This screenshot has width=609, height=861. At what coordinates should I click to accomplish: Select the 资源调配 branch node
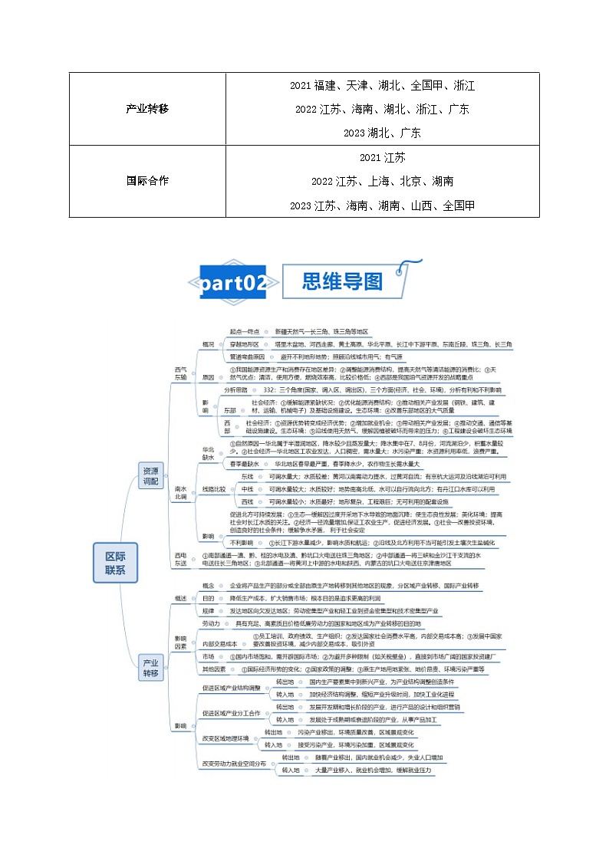point(150,475)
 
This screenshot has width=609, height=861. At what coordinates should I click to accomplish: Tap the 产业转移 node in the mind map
point(150,666)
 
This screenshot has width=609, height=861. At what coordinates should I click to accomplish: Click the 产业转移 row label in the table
point(146,109)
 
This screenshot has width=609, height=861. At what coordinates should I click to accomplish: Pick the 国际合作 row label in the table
point(146,182)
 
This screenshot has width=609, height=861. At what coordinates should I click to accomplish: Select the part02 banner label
point(234,283)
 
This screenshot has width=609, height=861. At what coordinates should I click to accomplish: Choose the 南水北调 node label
point(180,492)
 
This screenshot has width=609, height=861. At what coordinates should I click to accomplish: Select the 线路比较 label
point(213,488)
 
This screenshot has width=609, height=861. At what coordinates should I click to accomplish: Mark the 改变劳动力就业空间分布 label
point(234,764)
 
